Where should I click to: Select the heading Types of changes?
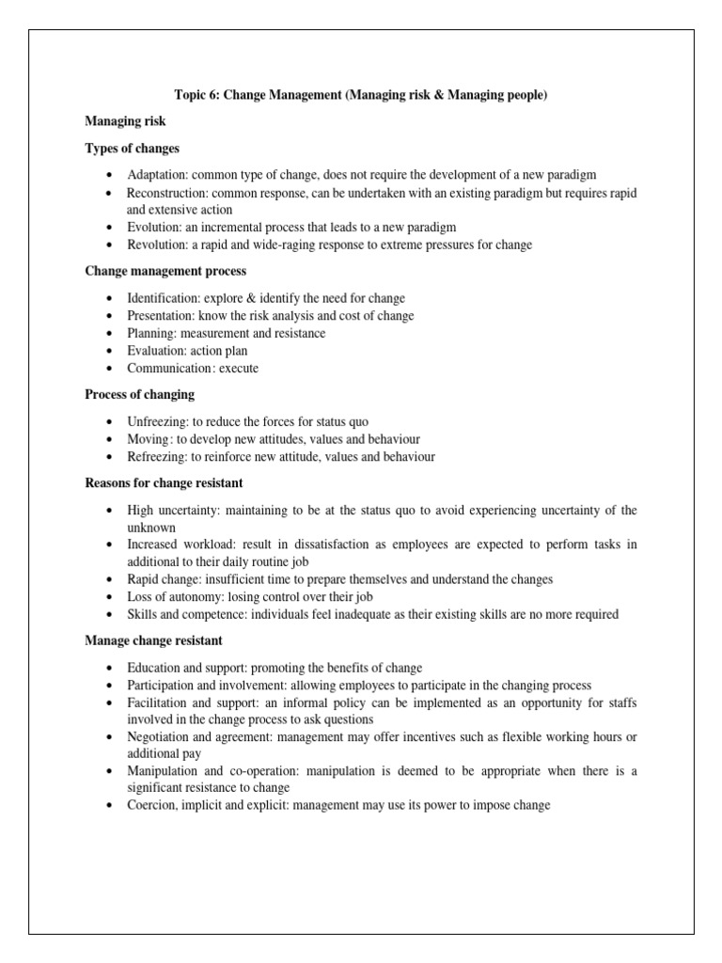coord(132,149)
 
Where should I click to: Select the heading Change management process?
coord(165,272)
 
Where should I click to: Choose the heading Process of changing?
coord(140,394)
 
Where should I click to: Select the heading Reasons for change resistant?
coord(164,482)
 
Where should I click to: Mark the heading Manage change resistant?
coord(153,640)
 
